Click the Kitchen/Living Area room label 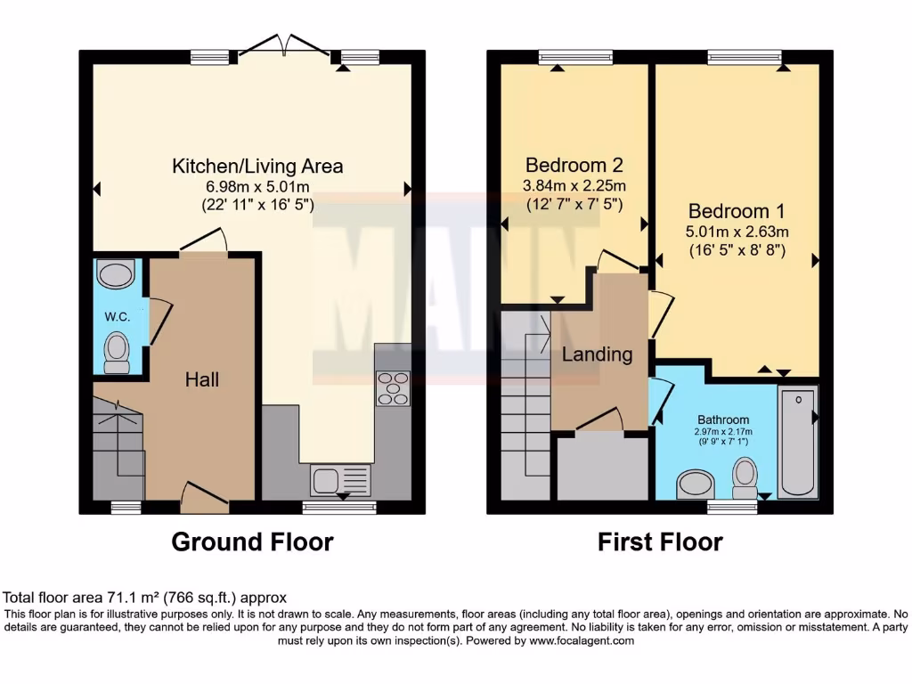[x=256, y=166]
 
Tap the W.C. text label [x=117, y=316]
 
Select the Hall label [x=202, y=379]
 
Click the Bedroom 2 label [x=574, y=165]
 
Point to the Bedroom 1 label [x=737, y=211]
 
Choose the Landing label [x=597, y=354]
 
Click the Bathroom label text [x=723, y=419]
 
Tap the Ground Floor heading [x=252, y=541]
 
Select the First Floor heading [x=660, y=541]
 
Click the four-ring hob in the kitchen [x=393, y=388]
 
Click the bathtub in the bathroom [x=798, y=443]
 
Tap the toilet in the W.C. [x=117, y=352]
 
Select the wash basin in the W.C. [x=116, y=274]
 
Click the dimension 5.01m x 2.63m [x=738, y=232]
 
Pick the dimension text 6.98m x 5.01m [x=256, y=186]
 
